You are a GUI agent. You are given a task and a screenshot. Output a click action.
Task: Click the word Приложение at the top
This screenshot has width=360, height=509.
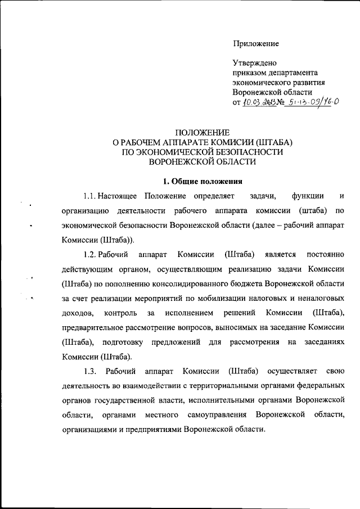[x=256, y=43]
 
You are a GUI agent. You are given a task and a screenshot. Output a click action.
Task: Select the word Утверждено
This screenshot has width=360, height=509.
[x=254, y=63]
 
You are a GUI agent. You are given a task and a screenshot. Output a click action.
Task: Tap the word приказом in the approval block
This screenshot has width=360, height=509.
[x=251, y=73]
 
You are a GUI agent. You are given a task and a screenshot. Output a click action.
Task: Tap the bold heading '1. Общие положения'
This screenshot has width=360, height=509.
[x=202, y=181]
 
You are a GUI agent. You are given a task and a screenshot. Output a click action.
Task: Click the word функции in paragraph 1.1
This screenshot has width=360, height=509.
[x=307, y=196]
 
